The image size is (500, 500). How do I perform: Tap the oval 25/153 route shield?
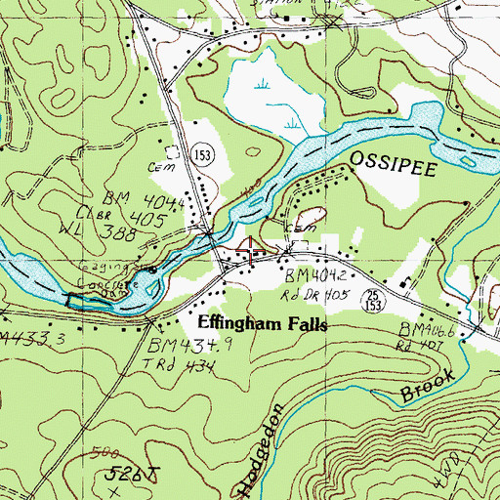(x=372, y=297)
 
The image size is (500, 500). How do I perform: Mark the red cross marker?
(x=251, y=251)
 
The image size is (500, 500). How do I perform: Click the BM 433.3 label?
(x=24, y=338)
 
